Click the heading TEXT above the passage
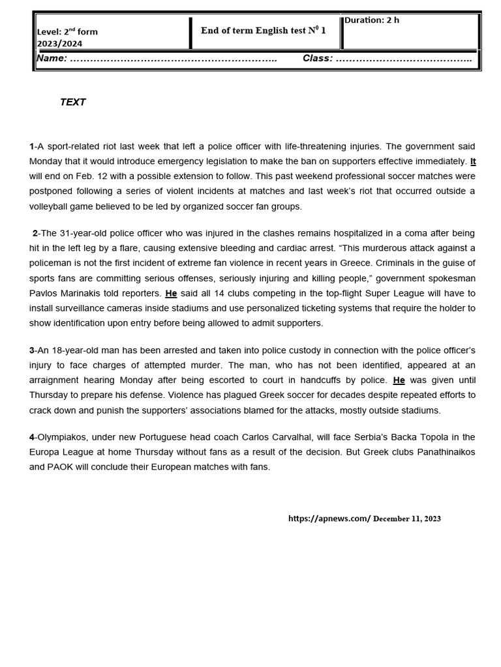(x=72, y=102)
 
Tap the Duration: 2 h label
(x=372, y=20)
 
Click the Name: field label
(x=52, y=59)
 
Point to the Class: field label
(x=318, y=59)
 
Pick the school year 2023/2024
(x=59, y=44)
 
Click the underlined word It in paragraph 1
(x=473, y=162)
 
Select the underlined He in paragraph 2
(x=171, y=294)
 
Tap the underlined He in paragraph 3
(x=399, y=380)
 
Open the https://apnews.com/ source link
(x=329, y=519)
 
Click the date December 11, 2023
(x=407, y=519)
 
